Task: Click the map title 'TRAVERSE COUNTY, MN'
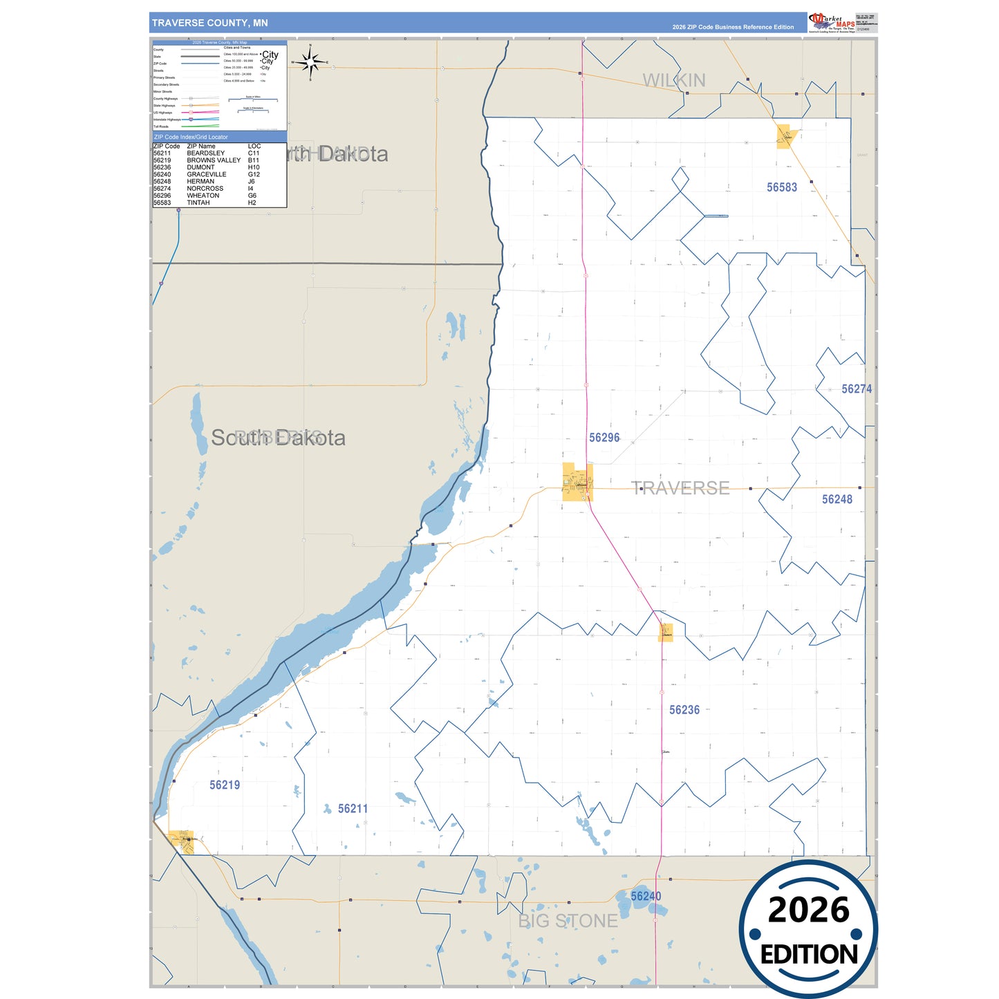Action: click(209, 23)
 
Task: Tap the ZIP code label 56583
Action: click(781, 187)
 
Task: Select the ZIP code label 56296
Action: click(604, 438)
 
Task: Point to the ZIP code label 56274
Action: click(856, 389)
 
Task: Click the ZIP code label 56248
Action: click(837, 499)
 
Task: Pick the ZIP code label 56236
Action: click(684, 710)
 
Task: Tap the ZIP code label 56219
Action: click(225, 785)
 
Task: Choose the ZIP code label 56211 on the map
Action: click(353, 809)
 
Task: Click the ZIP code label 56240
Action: click(646, 896)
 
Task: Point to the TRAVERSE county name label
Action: click(680, 488)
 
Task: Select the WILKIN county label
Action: click(674, 81)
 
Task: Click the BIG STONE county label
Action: click(568, 921)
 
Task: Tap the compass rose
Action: click(310, 62)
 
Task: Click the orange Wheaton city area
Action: click(577, 482)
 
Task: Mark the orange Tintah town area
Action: click(785, 136)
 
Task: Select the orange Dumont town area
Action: click(665, 633)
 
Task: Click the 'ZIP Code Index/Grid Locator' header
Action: click(191, 137)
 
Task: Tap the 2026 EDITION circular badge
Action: click(808, 928)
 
